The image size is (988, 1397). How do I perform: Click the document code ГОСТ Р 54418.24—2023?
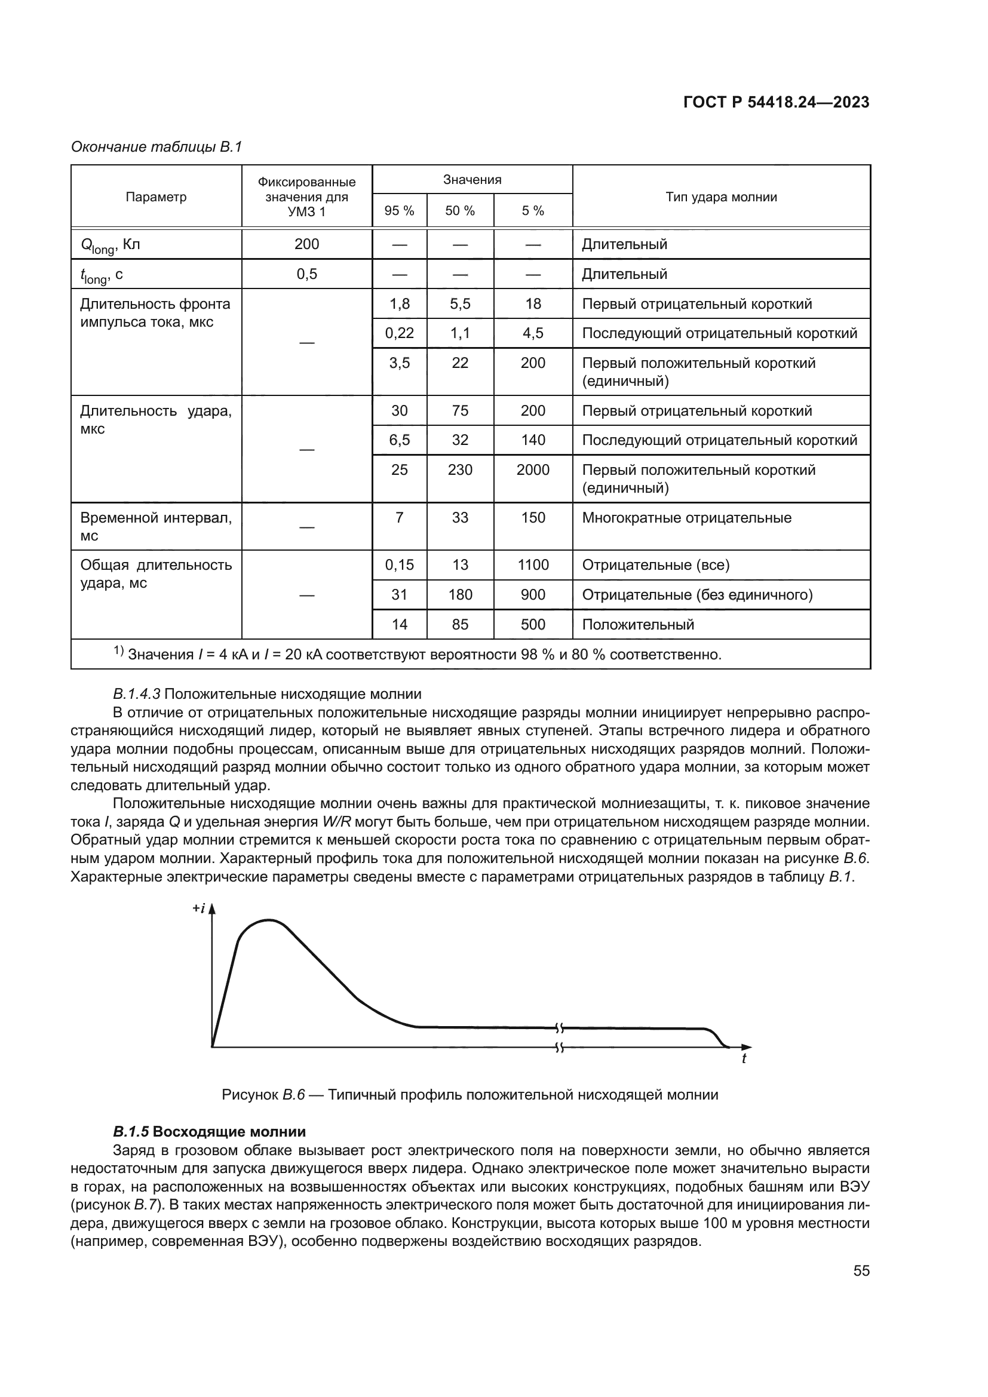click(777, 102)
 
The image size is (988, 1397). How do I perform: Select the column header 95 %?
click(399, 211)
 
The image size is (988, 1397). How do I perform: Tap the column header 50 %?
click(460, 211)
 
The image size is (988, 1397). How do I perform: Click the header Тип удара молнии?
click(721, 197)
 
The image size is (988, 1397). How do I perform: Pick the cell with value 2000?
click(533, 469)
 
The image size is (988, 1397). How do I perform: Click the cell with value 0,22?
click(399, 333)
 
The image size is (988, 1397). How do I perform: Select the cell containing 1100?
click(533, 564)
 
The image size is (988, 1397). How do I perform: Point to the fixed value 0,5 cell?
click(306, 274)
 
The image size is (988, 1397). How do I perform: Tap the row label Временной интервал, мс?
click(156, 526)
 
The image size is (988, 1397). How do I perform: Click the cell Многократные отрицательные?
click(687, 518)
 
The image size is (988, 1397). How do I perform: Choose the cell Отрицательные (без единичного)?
click(697, 594)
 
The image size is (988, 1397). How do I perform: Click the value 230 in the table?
click(460, 469)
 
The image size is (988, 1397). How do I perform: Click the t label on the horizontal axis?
click(744, 1059)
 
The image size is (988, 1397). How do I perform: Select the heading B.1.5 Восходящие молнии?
click(209, 1132)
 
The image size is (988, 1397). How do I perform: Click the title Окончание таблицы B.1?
click(157, 147)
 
